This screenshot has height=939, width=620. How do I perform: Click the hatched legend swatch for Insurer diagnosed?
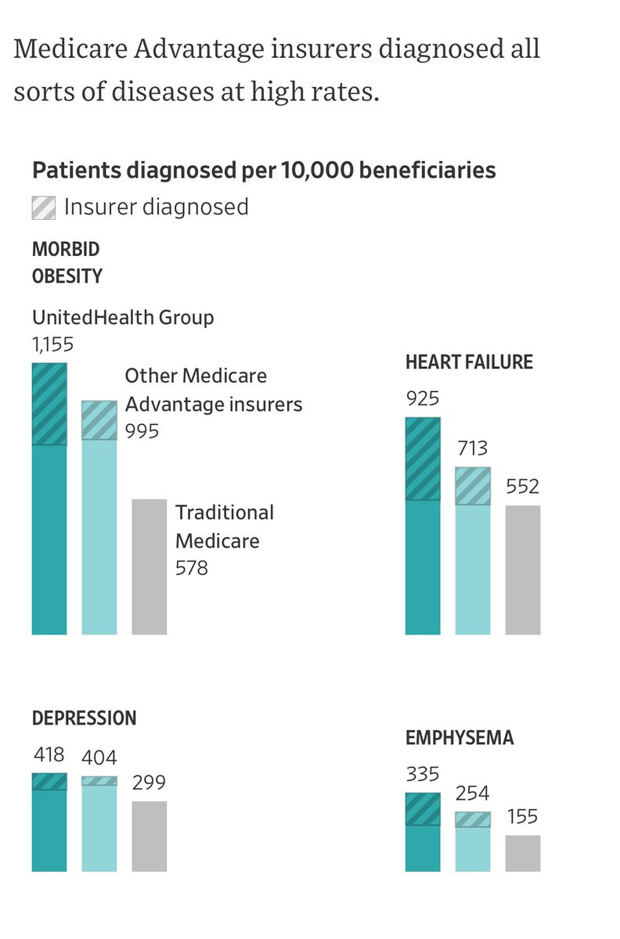pos(43,207)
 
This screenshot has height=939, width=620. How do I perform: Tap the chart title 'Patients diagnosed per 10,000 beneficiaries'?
pos(263,170)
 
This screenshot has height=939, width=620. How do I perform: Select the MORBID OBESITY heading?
pos(67,263)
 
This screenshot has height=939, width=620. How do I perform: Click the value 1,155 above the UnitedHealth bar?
pos(53,345)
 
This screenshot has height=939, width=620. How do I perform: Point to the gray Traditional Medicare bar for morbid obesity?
pos(149,567)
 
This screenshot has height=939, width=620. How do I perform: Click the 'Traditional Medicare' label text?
pos(225,526)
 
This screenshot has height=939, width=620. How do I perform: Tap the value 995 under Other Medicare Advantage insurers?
pos(142,431)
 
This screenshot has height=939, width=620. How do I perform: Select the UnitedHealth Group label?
pos(123,318)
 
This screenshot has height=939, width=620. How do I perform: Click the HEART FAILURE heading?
pos(469,362)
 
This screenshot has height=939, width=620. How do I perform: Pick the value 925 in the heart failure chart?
pos(423,399)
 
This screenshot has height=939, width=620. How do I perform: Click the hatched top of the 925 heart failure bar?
pos(423,459)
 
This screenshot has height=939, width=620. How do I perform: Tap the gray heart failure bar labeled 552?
pos(523,570)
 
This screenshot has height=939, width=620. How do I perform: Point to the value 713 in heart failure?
pos(473,448)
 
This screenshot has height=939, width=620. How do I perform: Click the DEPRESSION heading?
pos(84,718)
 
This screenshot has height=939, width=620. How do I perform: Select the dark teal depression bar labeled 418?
pos(49,829)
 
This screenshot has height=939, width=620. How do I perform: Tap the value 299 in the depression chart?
pos(149,783)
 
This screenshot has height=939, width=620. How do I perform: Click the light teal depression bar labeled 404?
pos(99,828)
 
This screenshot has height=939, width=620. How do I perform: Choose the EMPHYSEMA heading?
pos(460,738)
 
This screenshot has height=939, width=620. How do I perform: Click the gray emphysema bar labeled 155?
pos(523,853)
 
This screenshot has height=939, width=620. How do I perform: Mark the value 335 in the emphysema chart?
pos(423,775)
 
